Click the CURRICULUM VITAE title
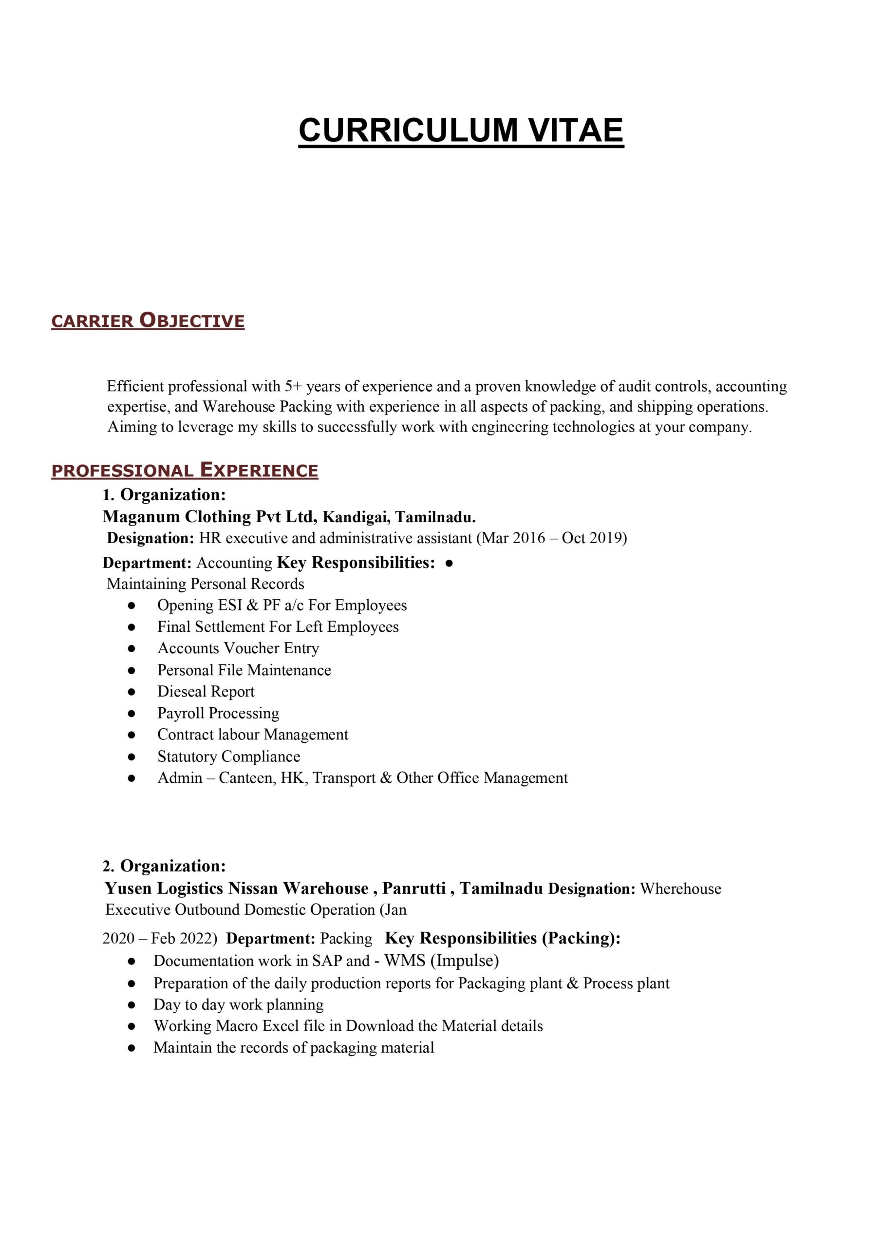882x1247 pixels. click(x=461, y=131)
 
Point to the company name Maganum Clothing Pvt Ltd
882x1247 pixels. click(x=209, y=516)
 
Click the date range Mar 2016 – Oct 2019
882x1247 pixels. click(x=551, y=538)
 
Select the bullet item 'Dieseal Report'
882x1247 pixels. click(x=206, y=691)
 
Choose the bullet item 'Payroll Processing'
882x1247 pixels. click(x=218, y=713)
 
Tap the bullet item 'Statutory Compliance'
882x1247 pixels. click(x=228, y=756)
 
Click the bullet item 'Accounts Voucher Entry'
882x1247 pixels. click(x=239, y=648)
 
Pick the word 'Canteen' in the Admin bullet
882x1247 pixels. click(x=247, y=778)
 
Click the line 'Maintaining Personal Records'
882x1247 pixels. click(x=206, y=584)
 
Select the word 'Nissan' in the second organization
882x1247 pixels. click(x=253, y=888)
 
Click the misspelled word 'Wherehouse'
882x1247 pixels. click(x=680, y=889)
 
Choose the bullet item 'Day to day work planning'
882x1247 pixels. click(x=239, y=1005)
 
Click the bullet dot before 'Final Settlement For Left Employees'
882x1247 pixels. click(x=131, y=627)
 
